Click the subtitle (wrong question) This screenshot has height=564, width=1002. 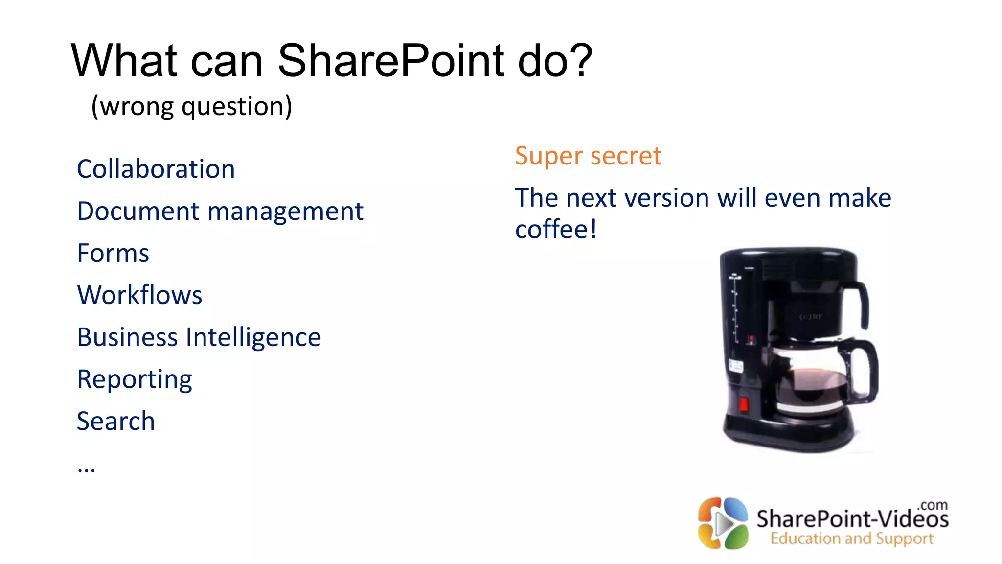point(192,106)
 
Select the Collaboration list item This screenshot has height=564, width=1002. point(156,169)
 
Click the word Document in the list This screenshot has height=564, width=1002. point(138,211)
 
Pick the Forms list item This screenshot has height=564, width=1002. point(113,254)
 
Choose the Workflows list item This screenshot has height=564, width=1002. point(139,295)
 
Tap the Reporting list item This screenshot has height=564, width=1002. point(135,380)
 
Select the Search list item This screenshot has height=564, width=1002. point(116,422)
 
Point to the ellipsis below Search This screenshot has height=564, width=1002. point(86,469)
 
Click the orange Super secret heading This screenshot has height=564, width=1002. point(588,156)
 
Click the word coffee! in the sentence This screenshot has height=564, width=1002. point(556,229)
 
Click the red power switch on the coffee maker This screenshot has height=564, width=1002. point(743,404)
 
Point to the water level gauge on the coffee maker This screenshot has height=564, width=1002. point(735,308)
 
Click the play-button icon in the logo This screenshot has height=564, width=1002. point(723,524)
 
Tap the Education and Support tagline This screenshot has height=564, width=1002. point(851,539)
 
